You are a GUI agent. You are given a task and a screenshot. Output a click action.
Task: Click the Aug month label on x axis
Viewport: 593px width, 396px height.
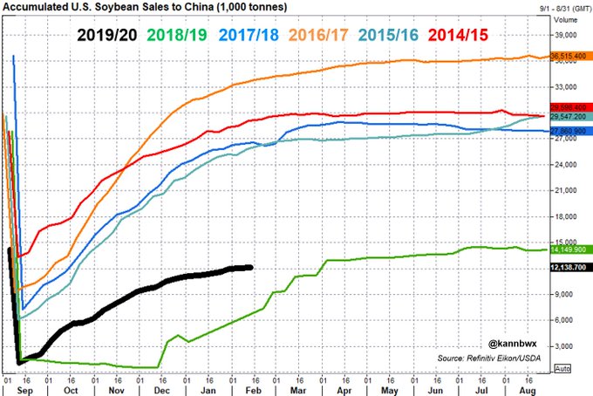click(x=527, y=391)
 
